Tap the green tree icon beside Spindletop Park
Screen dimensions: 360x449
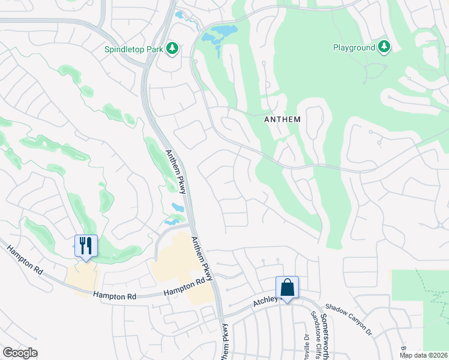173,48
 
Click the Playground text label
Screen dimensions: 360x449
354,47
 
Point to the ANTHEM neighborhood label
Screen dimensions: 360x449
282,119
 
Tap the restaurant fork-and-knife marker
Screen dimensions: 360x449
86,246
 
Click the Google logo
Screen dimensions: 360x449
20,353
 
